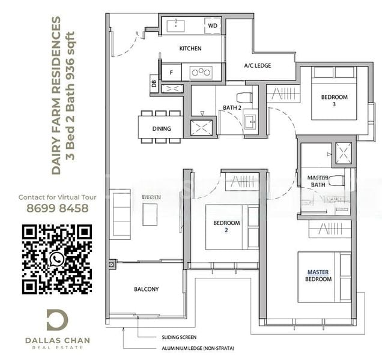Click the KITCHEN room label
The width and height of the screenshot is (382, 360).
click(190, 49)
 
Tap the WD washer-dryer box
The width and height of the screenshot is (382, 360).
click(212, 26)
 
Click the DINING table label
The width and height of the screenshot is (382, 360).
click(161, 128)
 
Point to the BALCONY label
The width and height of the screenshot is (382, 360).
click(146, 289)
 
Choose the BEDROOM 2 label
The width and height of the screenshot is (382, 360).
click(226, 226)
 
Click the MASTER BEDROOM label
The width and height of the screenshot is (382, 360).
click(318, 276)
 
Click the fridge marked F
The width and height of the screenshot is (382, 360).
click(172, 72)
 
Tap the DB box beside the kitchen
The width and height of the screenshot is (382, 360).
click(154, 85)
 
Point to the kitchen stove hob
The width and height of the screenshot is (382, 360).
click(200, 72)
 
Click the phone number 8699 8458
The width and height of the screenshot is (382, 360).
click(54, 208)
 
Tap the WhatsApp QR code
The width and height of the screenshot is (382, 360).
click(56, 259)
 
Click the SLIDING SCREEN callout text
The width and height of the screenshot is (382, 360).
click(179, 337)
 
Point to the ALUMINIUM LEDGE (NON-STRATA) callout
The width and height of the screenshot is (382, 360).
click(198, 349)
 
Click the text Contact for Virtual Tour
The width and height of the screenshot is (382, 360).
click(54, 197)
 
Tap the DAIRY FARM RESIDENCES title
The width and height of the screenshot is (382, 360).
click(56, 96)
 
